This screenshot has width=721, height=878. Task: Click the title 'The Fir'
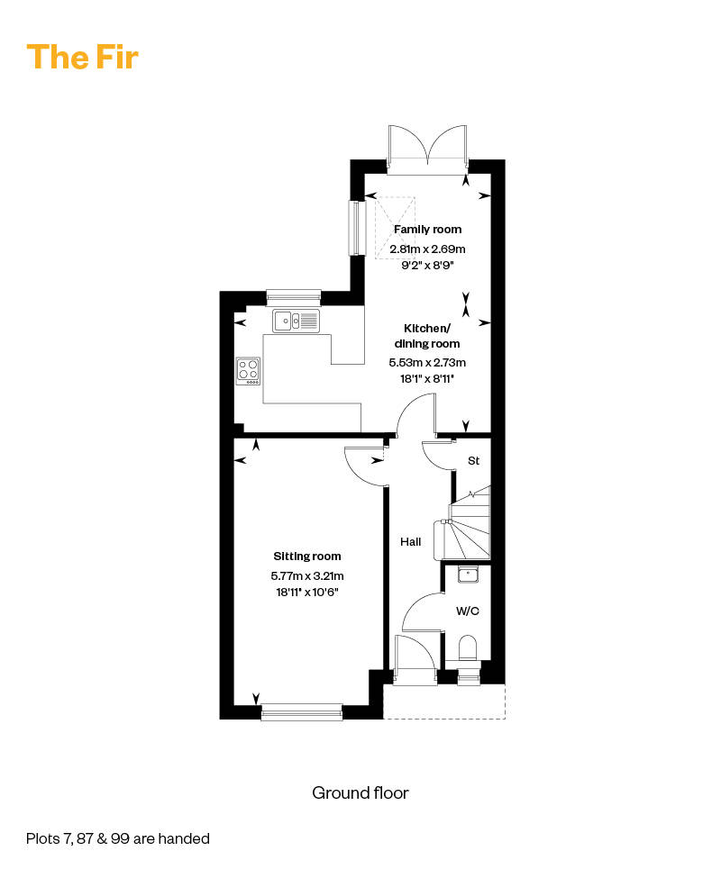[82, 57]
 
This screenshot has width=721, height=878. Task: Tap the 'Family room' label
[427, 229]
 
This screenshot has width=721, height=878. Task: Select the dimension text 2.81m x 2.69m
[427, 249]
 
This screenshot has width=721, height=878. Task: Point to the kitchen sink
[297, 321]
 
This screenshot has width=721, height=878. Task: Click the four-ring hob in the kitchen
[248, 371]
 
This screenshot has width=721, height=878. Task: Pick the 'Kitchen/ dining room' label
[427, 336]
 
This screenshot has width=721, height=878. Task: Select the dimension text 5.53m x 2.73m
[427, 362]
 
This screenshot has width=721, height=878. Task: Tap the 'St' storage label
[473, 461]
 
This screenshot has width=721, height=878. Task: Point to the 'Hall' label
[411, 541]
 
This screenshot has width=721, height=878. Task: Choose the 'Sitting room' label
[307, 556]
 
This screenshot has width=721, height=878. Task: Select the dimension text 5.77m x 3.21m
[307, 575]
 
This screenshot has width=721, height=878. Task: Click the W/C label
[467, 611]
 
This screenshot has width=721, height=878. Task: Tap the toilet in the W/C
[468, 649]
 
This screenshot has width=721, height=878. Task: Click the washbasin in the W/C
[468, 575]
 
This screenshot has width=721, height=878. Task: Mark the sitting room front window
[301, 711]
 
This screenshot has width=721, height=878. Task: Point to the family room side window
[357, 228]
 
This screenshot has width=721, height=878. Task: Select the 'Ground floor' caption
[360, 792]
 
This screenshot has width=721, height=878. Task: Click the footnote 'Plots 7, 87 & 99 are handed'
[118, 838]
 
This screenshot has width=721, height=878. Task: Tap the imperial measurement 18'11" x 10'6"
[307, 592]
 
